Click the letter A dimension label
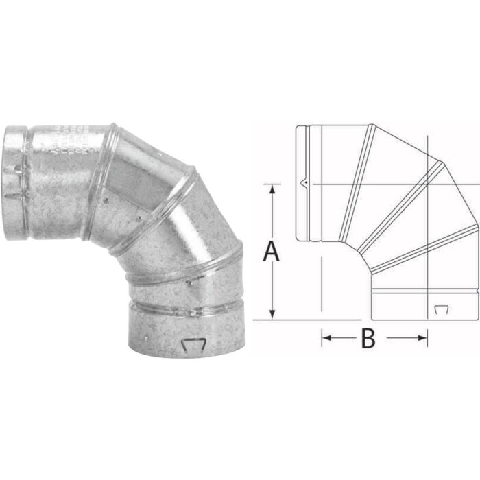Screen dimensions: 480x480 point(272,252)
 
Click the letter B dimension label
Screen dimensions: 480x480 point(368,338)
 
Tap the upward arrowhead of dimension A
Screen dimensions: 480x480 point(274,188)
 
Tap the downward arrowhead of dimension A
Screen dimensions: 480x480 point(274,315)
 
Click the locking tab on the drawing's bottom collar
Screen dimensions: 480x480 point(440,310)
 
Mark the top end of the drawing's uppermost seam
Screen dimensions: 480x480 point(370,126)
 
